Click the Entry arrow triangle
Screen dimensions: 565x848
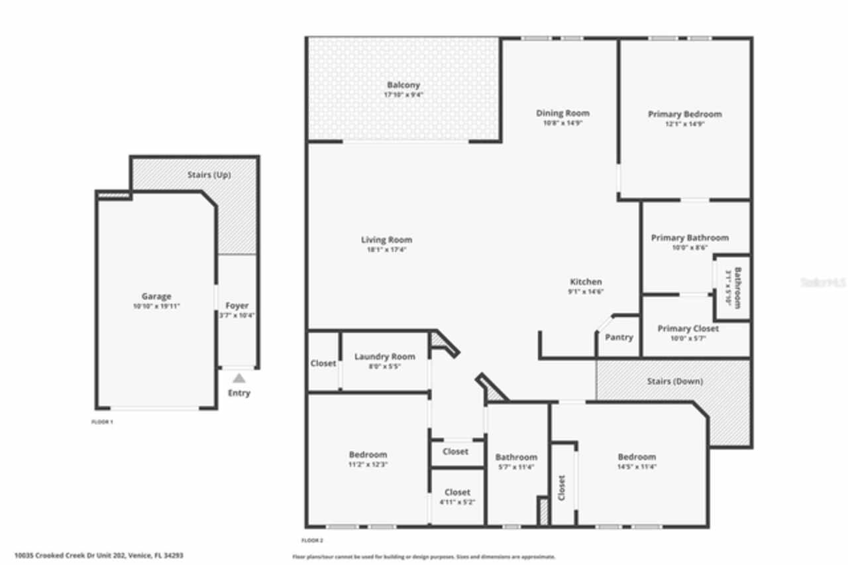(239, 378)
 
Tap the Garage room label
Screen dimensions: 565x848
(156, 296)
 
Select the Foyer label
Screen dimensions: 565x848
(237, 306)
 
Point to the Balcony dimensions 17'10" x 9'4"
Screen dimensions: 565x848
(403, 95)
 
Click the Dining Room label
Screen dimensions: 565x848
(562, 113)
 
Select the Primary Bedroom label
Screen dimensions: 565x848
(684, 114)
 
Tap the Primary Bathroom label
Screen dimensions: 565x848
(690, 237)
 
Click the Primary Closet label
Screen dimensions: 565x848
(688, 328)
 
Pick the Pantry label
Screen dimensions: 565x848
(619, 337)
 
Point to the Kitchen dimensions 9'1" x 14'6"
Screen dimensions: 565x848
(586, 291)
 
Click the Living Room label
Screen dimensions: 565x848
(386, 239)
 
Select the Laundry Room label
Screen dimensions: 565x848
(384, 357)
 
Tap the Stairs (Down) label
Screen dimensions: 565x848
(674, 381)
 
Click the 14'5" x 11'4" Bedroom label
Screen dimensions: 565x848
(637, 456)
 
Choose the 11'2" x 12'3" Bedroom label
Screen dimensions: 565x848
(368, 454)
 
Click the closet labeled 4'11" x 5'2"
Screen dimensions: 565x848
(457, 492)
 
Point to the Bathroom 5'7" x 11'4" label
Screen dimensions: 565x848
(516, 457)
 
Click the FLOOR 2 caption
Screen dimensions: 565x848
(312, 540)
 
